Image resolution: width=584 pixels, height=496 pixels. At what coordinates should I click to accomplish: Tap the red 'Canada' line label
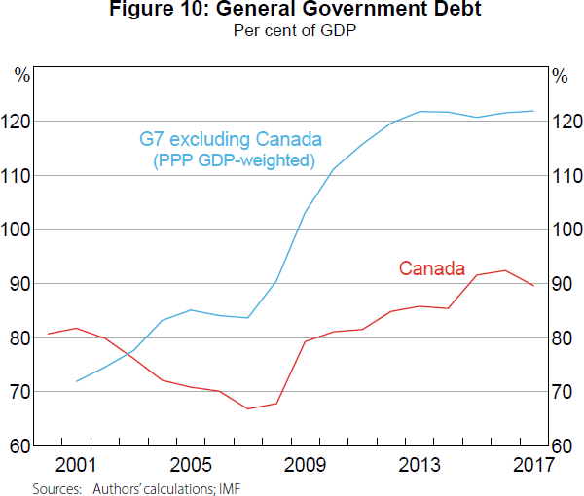[432, 268]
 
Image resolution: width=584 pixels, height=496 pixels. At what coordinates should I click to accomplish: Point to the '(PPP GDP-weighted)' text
[234, 159]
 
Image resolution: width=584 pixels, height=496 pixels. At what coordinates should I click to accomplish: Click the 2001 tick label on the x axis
[75, 464]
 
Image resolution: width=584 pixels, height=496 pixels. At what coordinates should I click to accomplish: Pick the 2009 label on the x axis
[305, 464]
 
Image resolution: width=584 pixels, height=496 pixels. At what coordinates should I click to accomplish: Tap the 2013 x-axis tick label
[420, 464]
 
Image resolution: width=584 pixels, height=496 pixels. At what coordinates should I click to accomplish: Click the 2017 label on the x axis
[531, 464]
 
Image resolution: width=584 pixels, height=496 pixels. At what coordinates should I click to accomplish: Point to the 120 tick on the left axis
[20, 122]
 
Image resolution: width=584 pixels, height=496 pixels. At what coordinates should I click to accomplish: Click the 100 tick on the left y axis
[20, 230]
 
